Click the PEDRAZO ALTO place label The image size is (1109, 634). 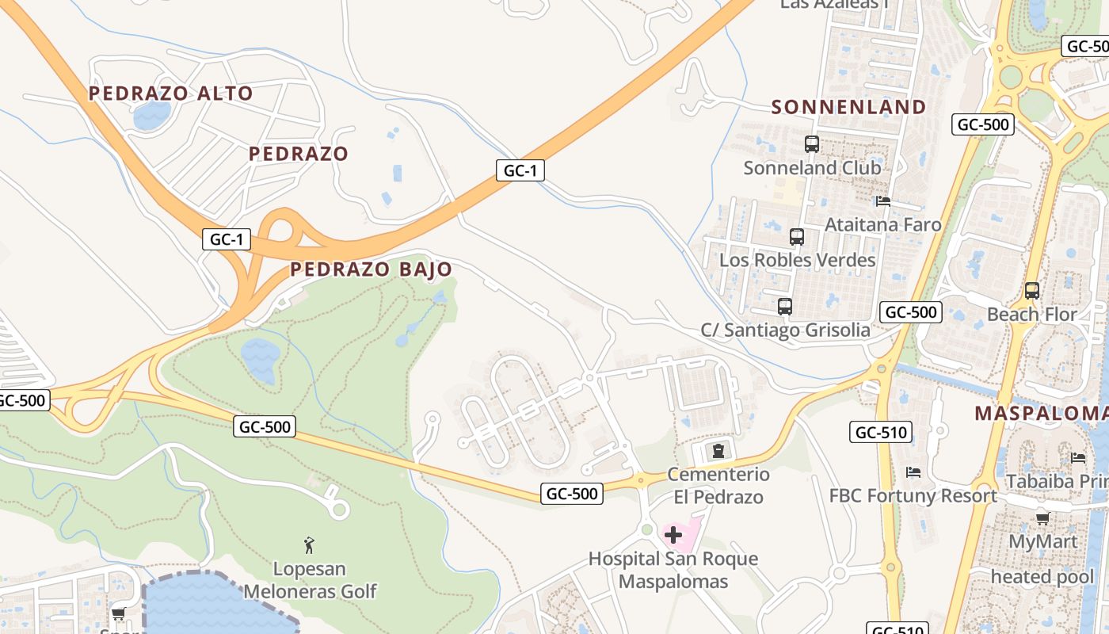pos(170,94)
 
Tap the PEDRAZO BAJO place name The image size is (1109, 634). pos(371,269)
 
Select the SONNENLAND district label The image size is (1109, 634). pos(848,107)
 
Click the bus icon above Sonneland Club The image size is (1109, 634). pos(812,144)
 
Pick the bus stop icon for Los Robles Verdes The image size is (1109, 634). pos(797,237)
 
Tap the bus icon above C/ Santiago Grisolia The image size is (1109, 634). pos(785,307)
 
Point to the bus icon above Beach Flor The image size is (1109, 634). pos(1031,291)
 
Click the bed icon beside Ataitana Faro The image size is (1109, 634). pos(883,201)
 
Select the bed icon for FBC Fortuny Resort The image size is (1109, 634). pos(913,472)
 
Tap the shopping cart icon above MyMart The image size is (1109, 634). pos(1043,518)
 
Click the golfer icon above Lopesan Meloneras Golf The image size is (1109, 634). pos(310,545)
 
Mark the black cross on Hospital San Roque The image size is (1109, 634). pos(673,535)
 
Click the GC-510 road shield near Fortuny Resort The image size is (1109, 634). pos(881,432)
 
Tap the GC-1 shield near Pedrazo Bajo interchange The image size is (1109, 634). pos(227,239)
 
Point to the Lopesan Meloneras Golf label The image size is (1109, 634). pos(310,580)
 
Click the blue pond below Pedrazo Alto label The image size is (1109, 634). pos(152,116)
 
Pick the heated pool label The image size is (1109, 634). pos(1042,576)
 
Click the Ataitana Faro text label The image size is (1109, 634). pos(883,224)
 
